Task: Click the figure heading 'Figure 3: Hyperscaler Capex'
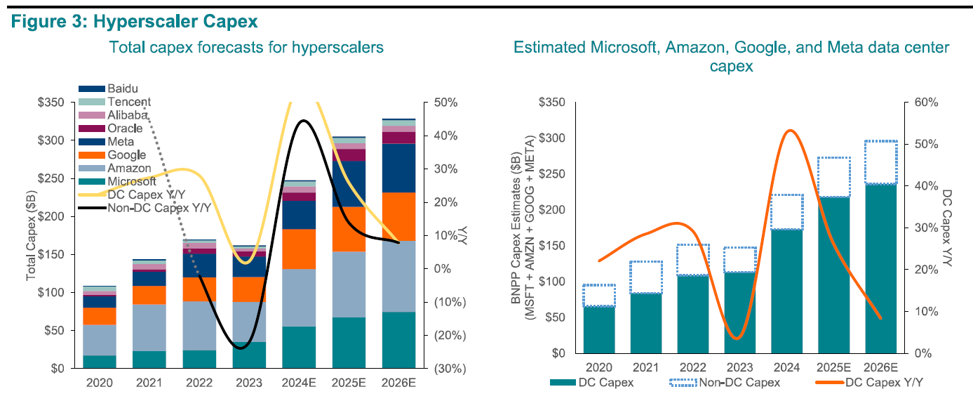click(x=134, y=21)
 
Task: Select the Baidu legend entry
click(x=123, y=89)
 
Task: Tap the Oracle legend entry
click(x=125, y=129)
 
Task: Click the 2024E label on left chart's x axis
click(x=298, y=383)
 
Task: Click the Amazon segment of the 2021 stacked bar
click(x=149, y=327)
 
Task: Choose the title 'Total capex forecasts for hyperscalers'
click(x=246, y=48)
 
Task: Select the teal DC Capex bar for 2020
click(x=598, y=330)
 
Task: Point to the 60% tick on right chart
click(x=926, y=103)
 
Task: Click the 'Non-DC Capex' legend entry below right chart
click(x=738, y=383)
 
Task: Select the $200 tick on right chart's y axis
click(x=551, y=210)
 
